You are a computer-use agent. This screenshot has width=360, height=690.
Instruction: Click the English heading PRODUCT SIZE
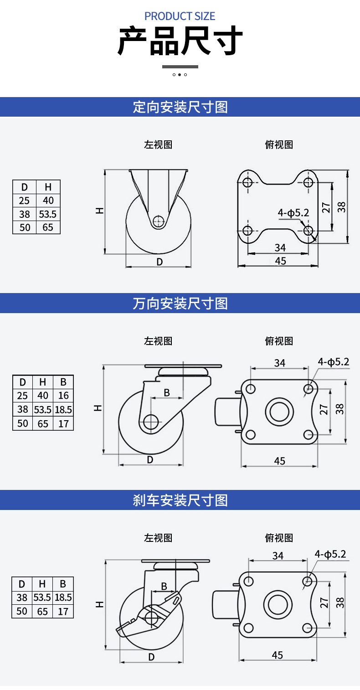[x=180, y=16]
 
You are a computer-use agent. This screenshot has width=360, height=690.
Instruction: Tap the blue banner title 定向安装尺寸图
[x=180, y=107]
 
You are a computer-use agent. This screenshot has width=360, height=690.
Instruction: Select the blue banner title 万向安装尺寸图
[x=180, y=303]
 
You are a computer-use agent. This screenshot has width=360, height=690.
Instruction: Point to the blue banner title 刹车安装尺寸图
[x=180, y=500]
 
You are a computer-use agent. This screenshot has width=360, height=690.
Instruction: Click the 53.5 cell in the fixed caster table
[x=48, y=214]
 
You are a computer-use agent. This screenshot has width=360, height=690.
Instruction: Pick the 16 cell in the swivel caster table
[x=63, y=396]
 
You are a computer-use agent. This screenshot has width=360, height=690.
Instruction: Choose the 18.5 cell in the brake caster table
[x=63, y=597]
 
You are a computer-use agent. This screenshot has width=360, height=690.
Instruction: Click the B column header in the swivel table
[x=63, y=382]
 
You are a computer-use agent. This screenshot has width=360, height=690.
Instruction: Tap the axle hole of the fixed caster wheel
[x=158, y=221]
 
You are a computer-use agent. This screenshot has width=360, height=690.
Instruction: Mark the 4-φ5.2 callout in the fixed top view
[x=293, y=212]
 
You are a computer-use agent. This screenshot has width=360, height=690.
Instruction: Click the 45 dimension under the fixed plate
[x=280, y=261]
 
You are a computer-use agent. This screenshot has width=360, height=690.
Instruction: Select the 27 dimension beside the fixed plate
[x=326, y=207]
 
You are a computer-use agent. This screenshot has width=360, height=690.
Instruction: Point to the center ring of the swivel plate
[x=278, y=412]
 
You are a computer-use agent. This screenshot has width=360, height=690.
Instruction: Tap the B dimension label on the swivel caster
[x=167, y=392]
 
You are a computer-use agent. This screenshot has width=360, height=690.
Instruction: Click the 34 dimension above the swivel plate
[x=279, y=363]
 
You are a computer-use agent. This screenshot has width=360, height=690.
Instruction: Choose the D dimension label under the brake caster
[x=151, y=657]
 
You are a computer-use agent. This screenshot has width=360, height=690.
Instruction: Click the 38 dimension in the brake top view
[x=339, y=602]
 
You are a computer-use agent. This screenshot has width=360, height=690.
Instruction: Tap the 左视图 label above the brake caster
[x=158, y=538]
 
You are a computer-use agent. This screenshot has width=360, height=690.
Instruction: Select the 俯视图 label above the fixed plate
[x=279, y=144]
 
